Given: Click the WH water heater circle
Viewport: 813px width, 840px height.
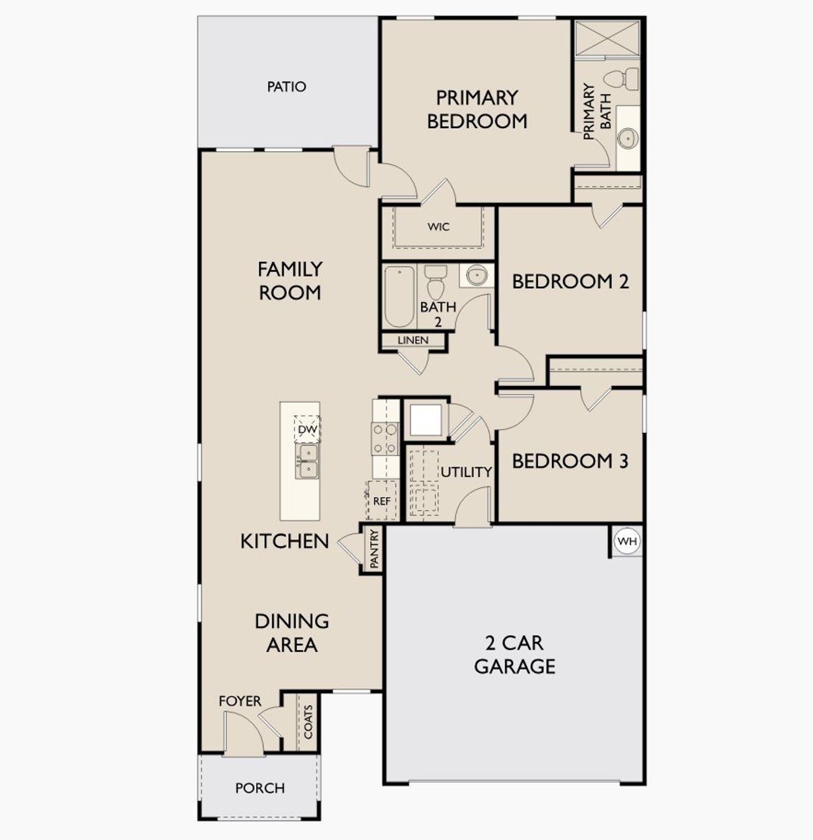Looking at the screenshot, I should pos(627,542).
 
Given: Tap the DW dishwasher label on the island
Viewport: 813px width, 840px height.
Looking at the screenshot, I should pos(307,430).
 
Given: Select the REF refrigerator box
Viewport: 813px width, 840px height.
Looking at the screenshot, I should pos(381,500).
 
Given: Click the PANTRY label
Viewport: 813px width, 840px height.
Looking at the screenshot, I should pos(374,549).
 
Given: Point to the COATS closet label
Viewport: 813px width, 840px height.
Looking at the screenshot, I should pos(308,722).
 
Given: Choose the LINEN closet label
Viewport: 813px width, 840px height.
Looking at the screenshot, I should pos(413,340).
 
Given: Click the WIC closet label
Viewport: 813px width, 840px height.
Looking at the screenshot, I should pos(438,227).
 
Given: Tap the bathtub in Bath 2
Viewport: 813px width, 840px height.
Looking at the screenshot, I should pos(399,296).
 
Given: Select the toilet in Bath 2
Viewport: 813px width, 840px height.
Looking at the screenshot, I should pos(436,283).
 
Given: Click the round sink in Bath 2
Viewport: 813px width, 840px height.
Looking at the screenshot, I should pos(477,276).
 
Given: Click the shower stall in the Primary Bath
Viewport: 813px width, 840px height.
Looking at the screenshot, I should pos(607,38).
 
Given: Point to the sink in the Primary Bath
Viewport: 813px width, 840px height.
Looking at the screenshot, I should pos(628,138).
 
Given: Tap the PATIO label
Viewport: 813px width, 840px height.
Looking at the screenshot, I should pos(286,86).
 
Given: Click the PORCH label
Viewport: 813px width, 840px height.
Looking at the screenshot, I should pos(260,788).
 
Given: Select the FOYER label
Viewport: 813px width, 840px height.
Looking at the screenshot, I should pos(239,701).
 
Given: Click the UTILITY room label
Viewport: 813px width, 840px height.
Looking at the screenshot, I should pos(466,472).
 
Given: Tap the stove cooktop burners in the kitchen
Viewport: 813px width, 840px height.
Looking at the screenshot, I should pos(385,439).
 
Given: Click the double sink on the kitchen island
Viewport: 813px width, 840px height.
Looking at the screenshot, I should pos(307,461).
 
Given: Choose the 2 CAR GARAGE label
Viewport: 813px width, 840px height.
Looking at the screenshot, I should pos(514,655).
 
